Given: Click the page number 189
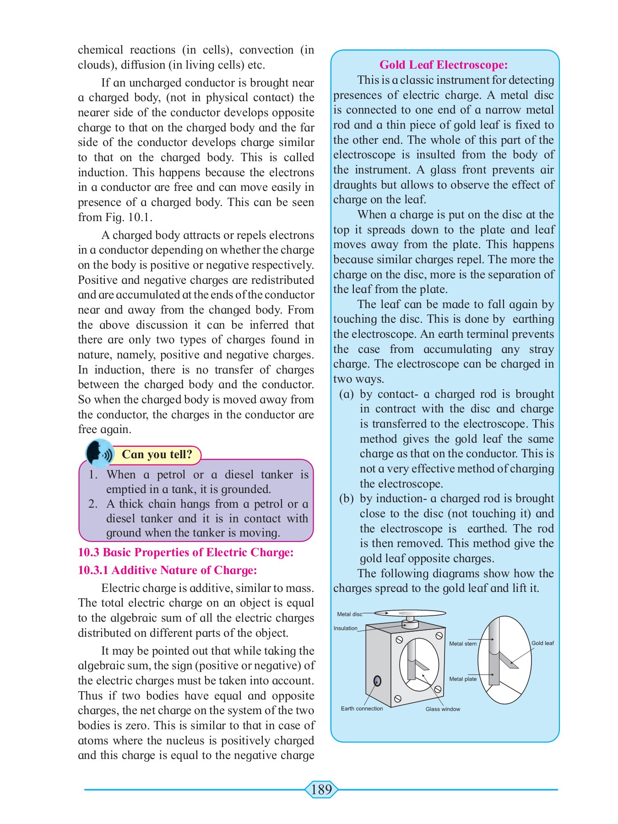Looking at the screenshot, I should pos(321,789).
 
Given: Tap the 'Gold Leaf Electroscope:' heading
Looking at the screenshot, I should pos(443,65).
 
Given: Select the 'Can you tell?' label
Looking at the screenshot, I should pos(157,454).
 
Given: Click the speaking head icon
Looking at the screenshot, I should pos(99,453).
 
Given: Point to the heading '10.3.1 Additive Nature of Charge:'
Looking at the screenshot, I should pos(168,570).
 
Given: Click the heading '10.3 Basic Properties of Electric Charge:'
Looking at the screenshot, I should pos(186,552).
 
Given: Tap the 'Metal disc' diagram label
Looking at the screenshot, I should pos(349,614).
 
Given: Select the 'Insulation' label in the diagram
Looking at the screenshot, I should pos(345,628).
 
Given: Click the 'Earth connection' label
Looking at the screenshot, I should pos(362,709).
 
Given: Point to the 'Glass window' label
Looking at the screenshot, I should pos(443,709).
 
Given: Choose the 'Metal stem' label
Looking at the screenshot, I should pos(463,644).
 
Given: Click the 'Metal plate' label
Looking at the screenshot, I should pos(463,679).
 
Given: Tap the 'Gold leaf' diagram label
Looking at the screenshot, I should pos(542,643).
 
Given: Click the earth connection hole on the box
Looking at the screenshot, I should pos(377,681).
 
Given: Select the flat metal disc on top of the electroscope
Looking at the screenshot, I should pos(410,613).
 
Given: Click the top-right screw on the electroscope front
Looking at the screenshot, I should pos(439,635).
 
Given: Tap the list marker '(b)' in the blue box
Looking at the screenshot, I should pos(347,499).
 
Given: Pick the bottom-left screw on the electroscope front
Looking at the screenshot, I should pos(398,699).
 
